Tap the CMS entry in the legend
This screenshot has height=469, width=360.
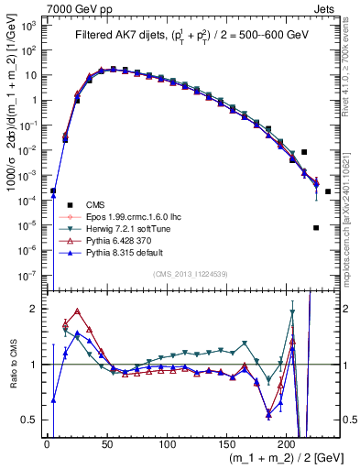tap(95, 204)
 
